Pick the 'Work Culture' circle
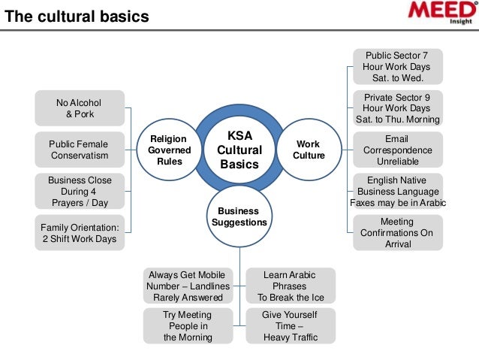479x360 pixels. (308, 150)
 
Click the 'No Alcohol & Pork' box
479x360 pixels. (79, 108)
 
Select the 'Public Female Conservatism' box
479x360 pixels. (79, 150)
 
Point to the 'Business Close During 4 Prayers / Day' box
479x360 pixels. (79, 191)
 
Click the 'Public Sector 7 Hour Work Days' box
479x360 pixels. (397, 67)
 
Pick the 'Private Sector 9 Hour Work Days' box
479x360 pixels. (397, 108)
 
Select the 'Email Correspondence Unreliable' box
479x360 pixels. (397, 150)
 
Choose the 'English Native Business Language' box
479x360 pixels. (397, 191)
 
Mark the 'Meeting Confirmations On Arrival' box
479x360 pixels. (397, 232)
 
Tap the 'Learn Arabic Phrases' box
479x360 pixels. (291, 286)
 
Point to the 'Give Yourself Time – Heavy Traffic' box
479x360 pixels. (291, 326)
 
